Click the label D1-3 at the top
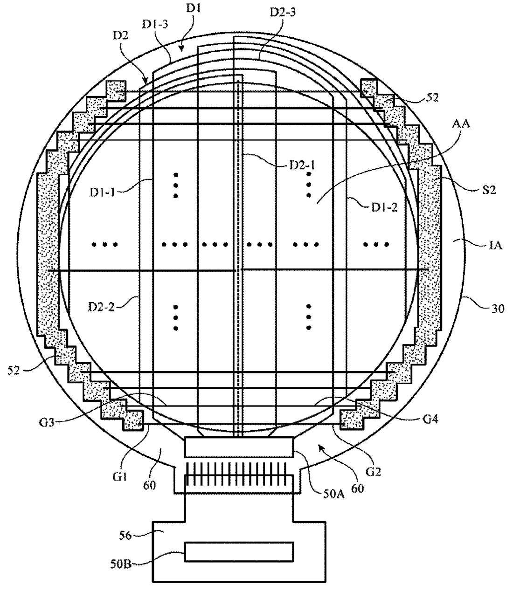pos(155,25)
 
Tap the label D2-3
pos(283,12)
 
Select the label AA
pos(461,124)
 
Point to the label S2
pos(489,190)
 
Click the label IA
pos(495,245)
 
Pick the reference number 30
pos(498,309)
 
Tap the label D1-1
pos(102,193)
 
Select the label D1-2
pos(385,207)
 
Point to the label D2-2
pos(101,307)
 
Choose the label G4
pos(431,420)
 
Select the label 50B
pos(121,564)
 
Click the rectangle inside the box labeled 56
pos(239,551)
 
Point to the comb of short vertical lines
pos(236,474)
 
